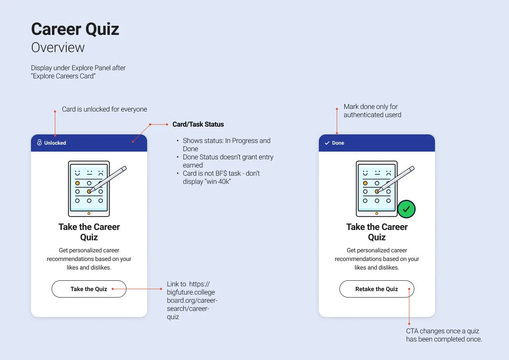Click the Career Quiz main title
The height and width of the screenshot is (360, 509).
[75, 29]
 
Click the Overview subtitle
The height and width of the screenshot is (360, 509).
[58, 47]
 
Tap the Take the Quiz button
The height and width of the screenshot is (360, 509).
[89, 289]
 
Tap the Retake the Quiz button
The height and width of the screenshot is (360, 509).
[376, 289]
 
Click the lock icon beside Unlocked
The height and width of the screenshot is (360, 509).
[39, 143]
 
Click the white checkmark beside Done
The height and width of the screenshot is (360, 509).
[327, 143]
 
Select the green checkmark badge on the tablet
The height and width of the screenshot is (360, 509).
[406, 209]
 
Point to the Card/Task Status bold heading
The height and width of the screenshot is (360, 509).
[198, 124]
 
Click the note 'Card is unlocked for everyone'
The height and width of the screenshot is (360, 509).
[105, 109]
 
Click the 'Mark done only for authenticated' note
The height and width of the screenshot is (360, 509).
[373, 111]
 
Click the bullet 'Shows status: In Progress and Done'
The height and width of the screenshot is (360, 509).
[226, 145]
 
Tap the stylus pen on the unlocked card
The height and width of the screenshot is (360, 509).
[108, 179]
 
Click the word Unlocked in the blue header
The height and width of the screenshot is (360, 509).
[55, 143]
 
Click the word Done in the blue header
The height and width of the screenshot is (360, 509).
[338, 143]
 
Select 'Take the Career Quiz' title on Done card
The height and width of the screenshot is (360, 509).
[376, 232]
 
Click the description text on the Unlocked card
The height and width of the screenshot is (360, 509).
[89, 259]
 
